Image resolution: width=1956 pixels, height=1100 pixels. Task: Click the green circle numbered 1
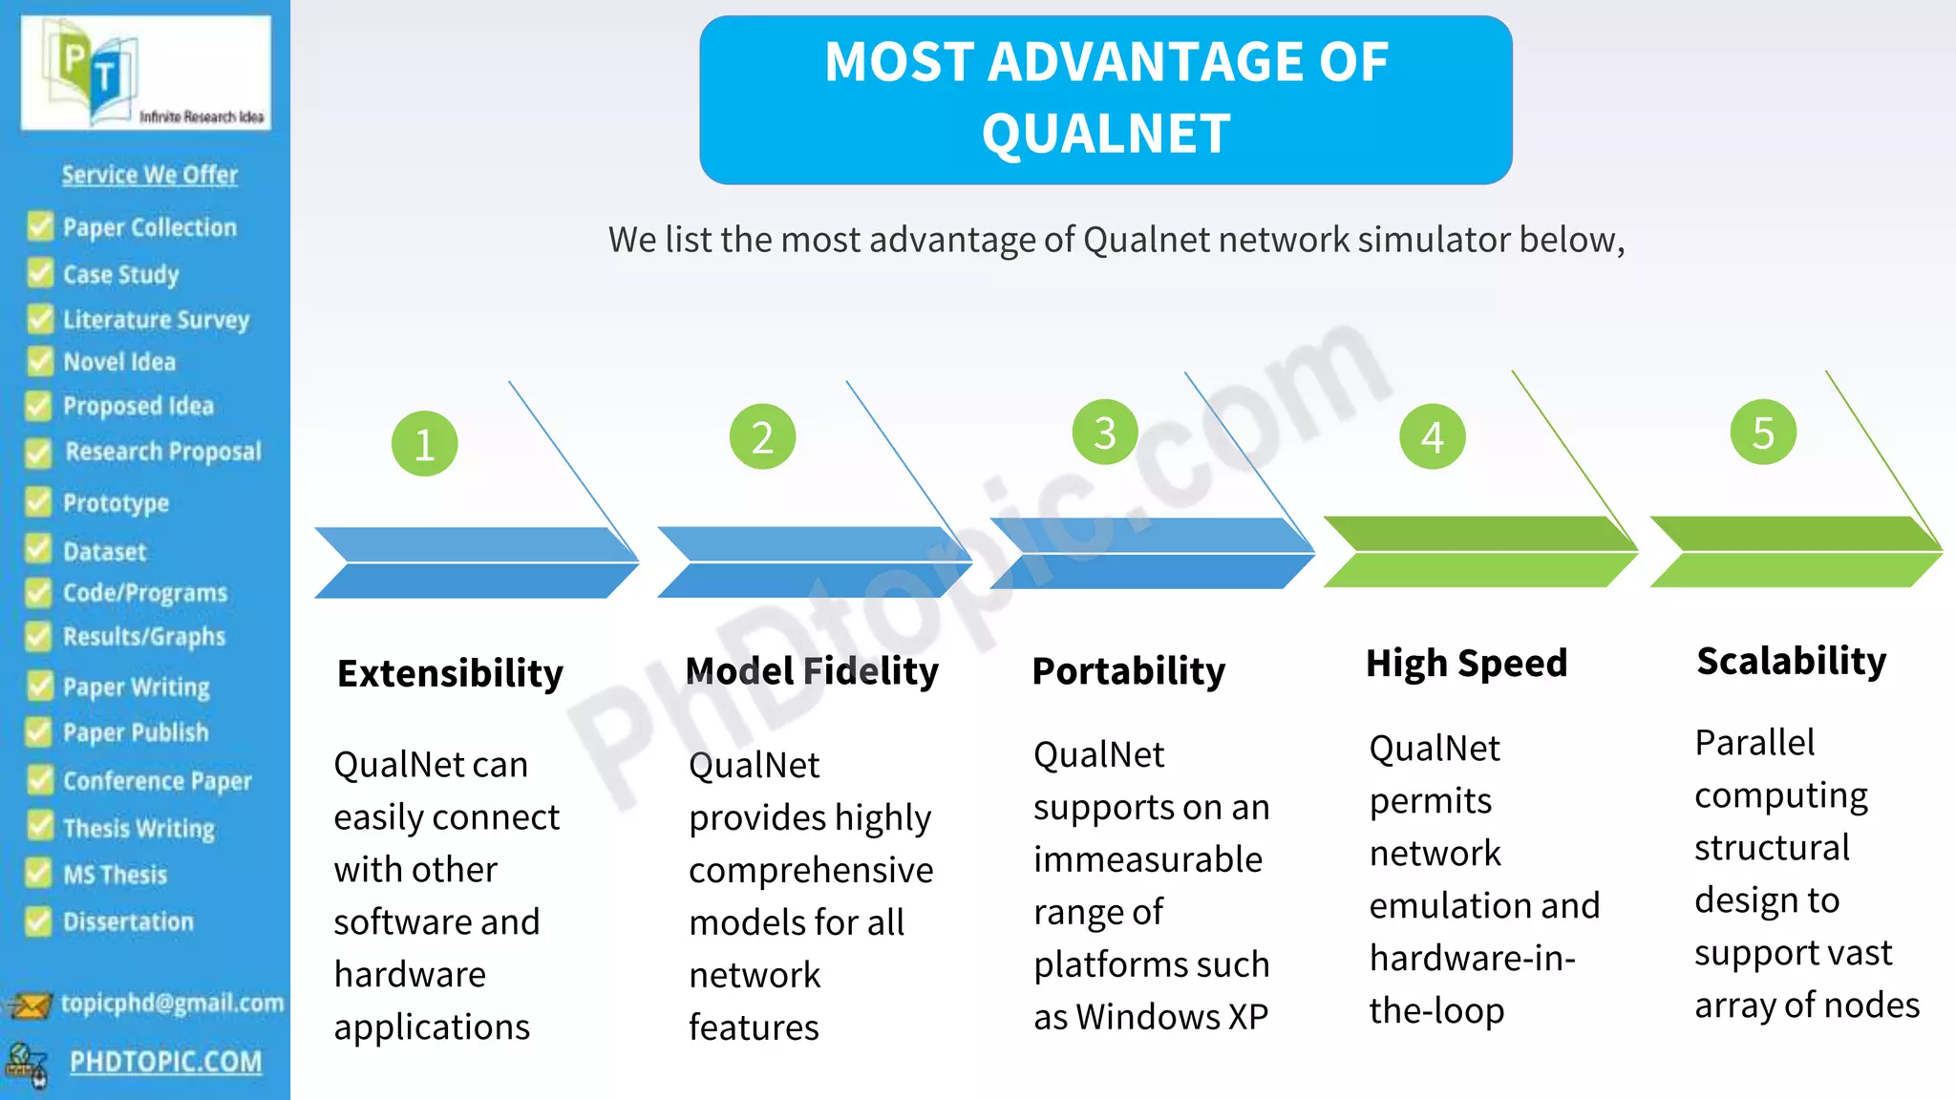(425, 444)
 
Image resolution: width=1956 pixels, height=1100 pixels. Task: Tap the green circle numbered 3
(1105, 433)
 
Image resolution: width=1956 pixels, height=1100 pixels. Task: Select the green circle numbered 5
(1763, 433)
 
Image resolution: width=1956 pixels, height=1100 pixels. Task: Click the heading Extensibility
(450, 673)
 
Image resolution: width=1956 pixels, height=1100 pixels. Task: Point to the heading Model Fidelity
(812, 671)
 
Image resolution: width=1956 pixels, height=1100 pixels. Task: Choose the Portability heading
(1128, 671)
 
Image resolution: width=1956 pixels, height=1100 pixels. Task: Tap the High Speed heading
(1466, 664)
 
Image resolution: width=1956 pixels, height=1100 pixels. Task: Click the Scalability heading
(1791, 661)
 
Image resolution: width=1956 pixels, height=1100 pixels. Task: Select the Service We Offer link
(150, 175)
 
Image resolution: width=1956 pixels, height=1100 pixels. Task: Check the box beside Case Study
(40, 273)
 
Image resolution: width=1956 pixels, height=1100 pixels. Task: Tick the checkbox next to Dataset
(38, 550)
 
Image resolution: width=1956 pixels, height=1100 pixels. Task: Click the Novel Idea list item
(119, 363)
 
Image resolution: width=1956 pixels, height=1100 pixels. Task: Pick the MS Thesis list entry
(115, 875)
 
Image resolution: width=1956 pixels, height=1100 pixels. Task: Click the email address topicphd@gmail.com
(172, 1004)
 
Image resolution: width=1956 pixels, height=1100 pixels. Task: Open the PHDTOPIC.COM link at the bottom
(165, 1062)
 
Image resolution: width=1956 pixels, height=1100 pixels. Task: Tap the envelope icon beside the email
(29, 1005)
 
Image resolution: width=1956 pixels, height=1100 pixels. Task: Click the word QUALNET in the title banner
(1106, 134)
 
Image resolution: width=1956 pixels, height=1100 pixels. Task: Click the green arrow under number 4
(1478, 552)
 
